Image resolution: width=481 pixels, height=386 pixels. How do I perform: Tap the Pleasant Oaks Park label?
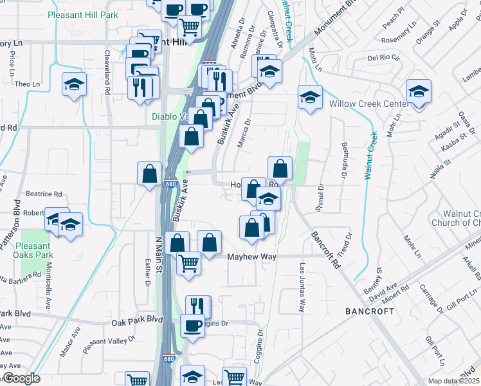(x=33, y=250)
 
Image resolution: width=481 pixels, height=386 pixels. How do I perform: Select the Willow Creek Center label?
(x=369, y=104)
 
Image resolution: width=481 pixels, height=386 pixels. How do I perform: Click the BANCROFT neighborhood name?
(x=370, y=311)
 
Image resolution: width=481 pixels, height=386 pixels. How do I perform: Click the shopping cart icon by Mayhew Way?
(x=188, y=262)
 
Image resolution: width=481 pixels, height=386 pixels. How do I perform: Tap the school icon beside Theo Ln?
(x=75, y=84)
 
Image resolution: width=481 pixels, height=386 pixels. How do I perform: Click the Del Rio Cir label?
(x=384, y=57)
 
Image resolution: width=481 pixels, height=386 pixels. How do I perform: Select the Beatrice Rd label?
(x=44, y=194)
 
